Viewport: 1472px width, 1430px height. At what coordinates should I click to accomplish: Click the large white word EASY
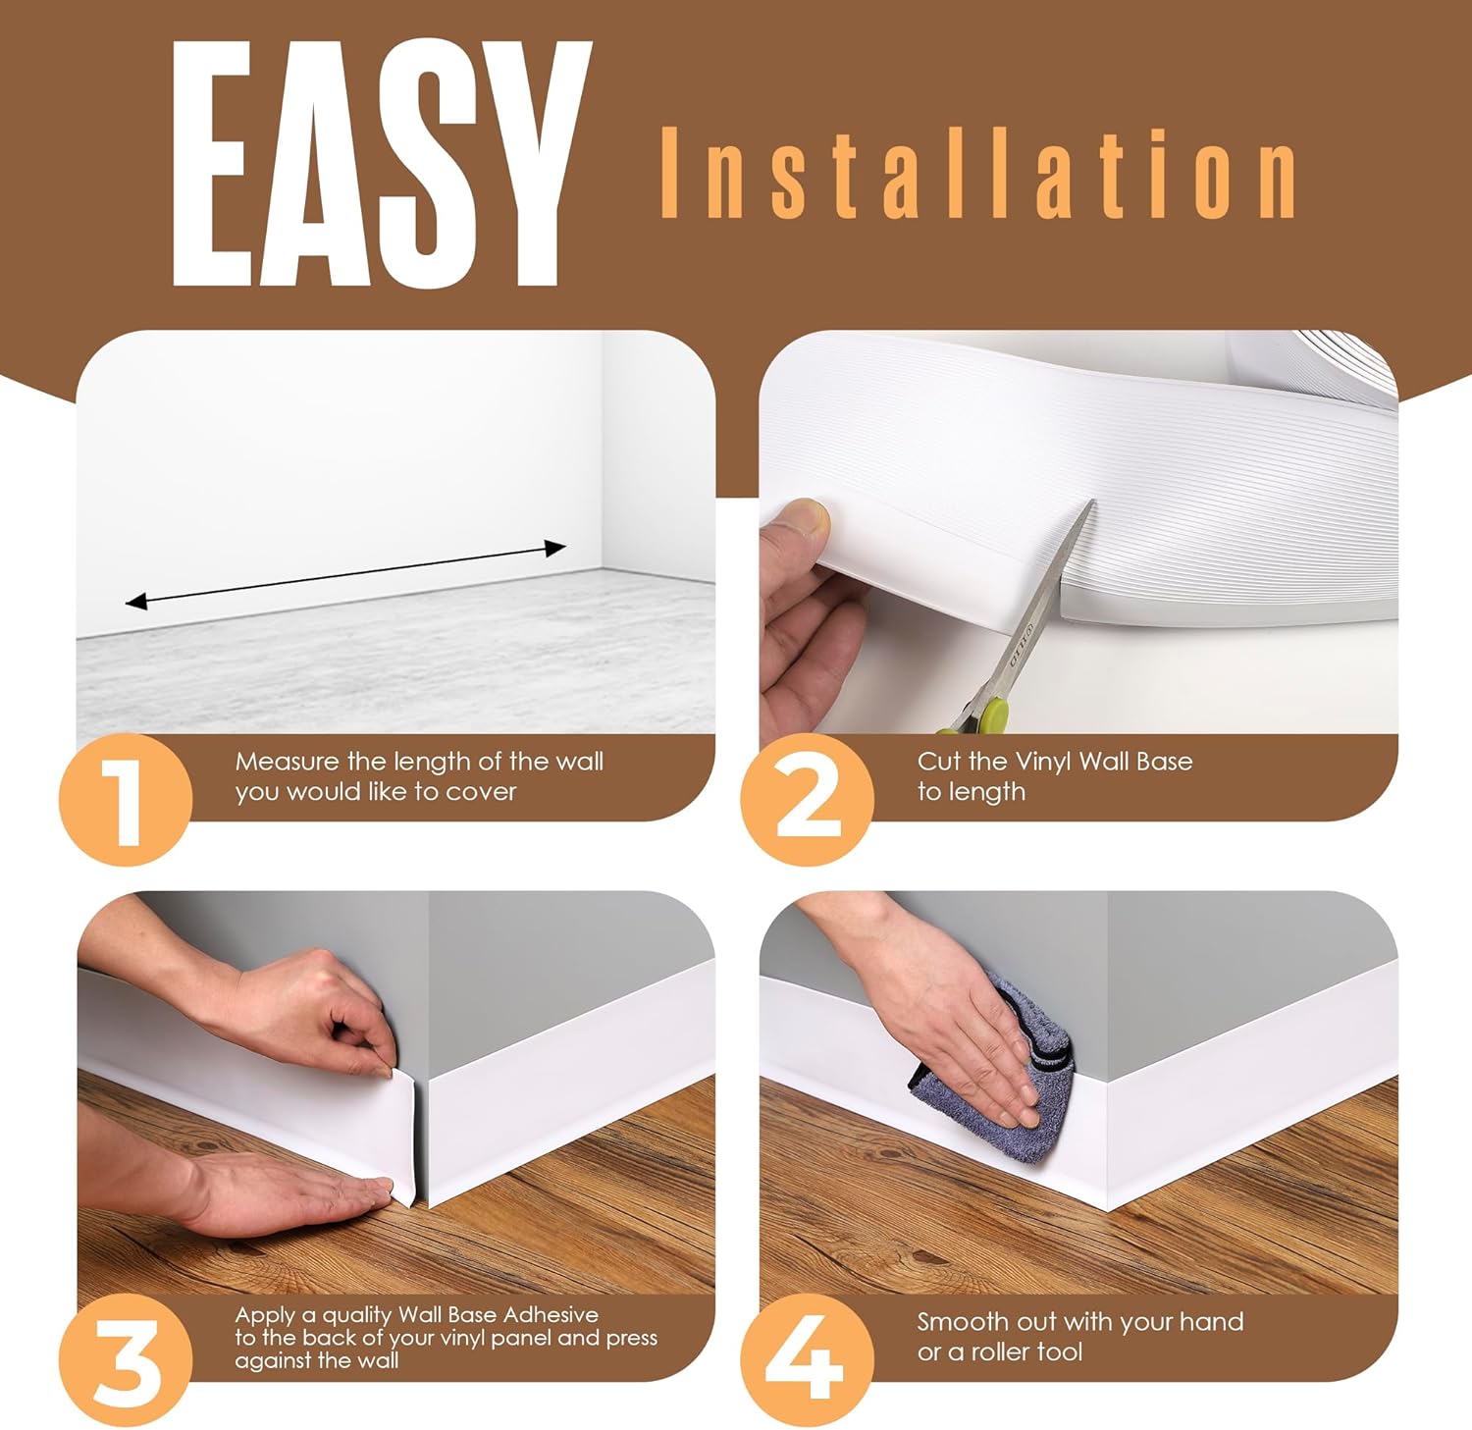click(378, 165)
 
